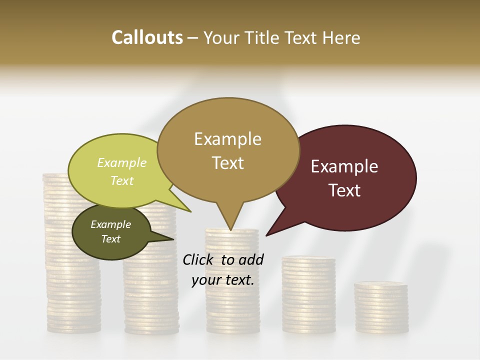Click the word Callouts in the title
(x=147, y=37)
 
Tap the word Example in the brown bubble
(x=227, y=139)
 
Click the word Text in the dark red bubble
(x=344, y=190)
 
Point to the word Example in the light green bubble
(x=122, y=163)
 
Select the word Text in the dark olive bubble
(x=111, y=239)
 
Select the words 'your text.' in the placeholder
(x=223, y=280)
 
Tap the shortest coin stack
(x=381, y=307)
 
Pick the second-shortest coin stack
(x=308, y=295)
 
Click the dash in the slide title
(x=193, y=38)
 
